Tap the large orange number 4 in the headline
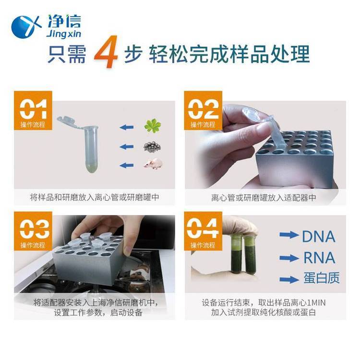[106, 52]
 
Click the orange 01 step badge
[33, 110]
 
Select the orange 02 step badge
[203, 110]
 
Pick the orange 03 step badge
[33, 231]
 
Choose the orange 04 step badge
[203, 231]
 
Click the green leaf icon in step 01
[153, 126]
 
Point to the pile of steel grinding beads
[152, 146]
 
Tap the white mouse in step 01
[153, 164]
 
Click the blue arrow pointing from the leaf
[127, 127]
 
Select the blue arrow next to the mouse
[127, 165]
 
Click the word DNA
[318, 237]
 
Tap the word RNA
[319, 258]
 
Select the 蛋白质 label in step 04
[322, 278]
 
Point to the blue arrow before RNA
[289, 258]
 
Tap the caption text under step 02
[264, 197]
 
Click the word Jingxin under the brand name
[63, 34]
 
